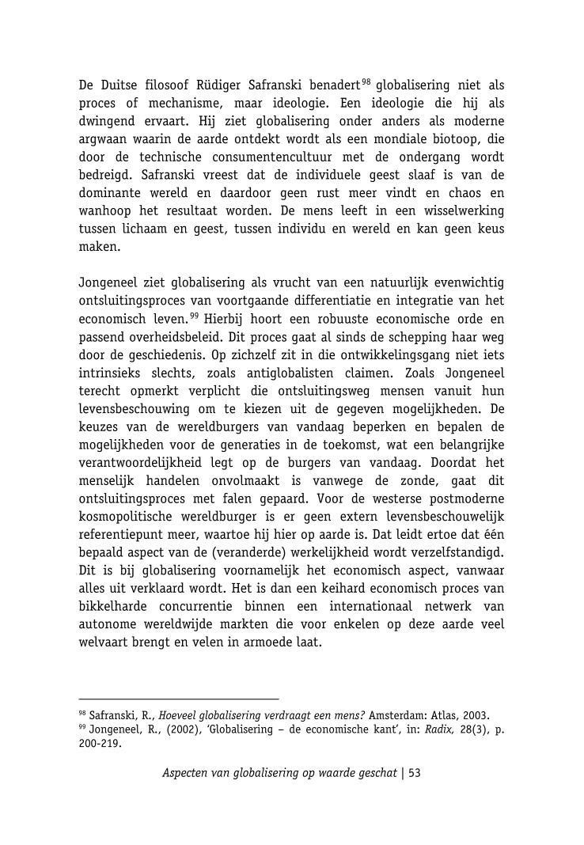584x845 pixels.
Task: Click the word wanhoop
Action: pos(105,212)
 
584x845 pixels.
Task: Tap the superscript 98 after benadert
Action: pos(366,81)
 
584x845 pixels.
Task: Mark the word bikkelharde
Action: pos(116,606)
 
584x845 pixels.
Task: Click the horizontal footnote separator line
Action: pos(179,699)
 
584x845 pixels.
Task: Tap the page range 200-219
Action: pos(100,744)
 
